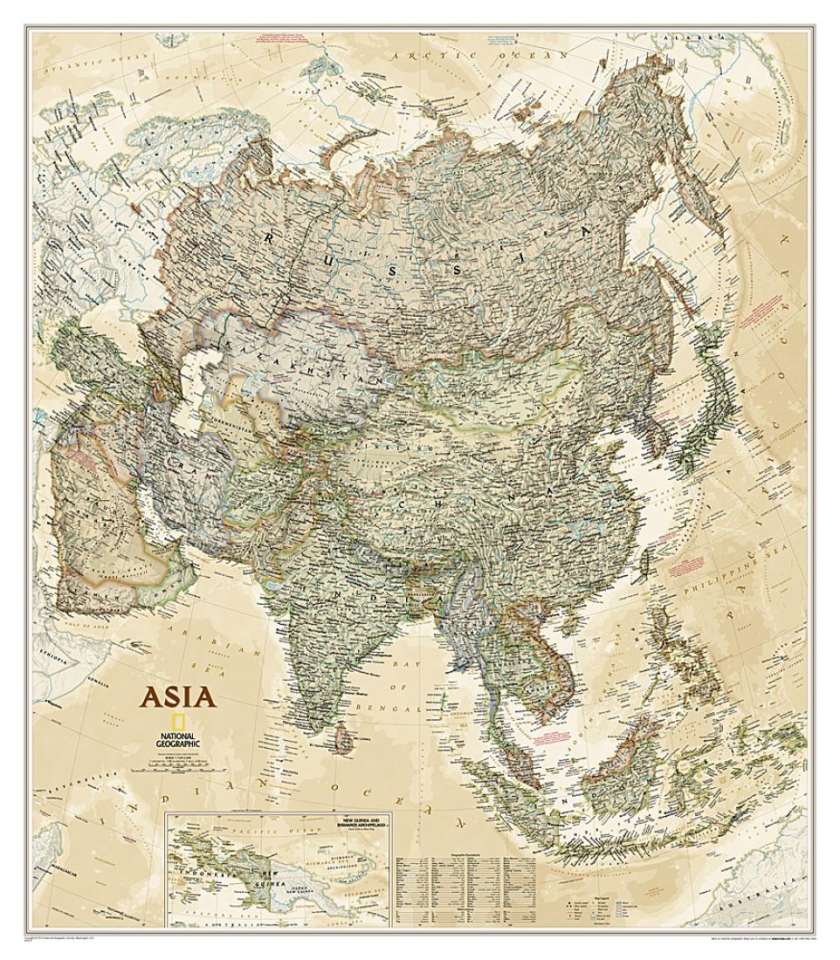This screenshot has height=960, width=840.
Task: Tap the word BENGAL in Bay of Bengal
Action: pyautogui.click(x=409, y=710)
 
